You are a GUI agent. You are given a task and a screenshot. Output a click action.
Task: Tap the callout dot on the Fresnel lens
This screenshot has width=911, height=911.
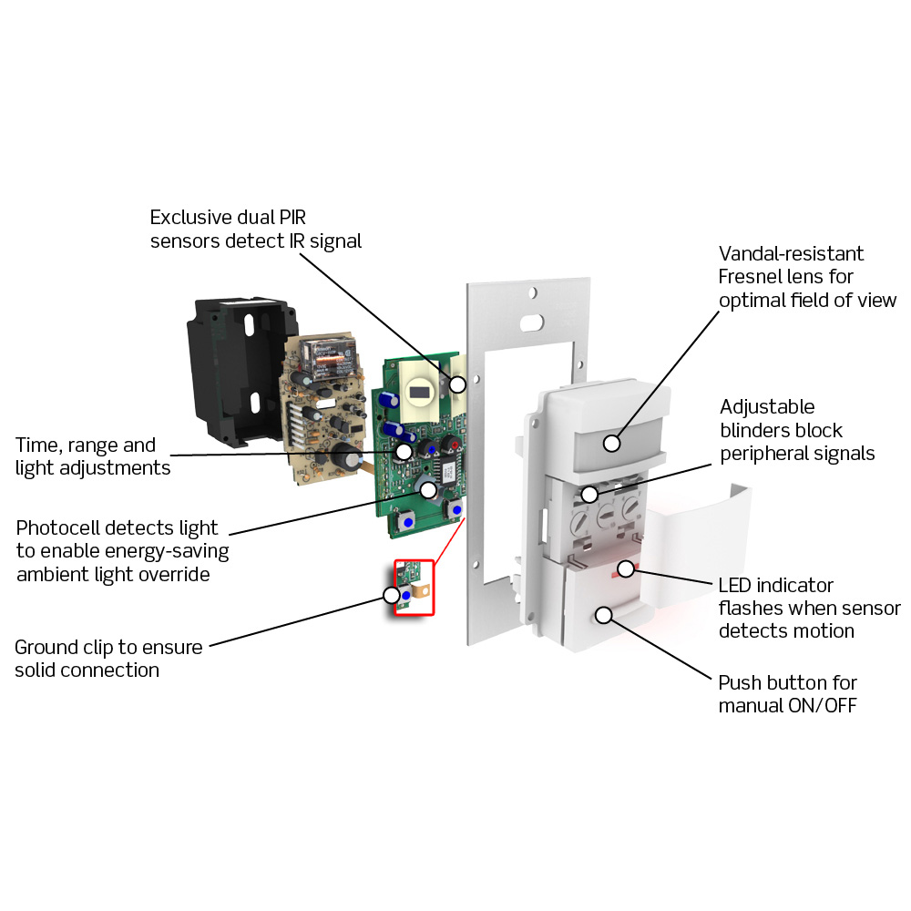(x=611, y=443)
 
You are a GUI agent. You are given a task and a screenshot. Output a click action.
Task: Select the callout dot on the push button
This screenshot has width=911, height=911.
(x=603, y=615)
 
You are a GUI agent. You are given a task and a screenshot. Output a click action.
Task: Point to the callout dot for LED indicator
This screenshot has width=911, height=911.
(x=625, y=569)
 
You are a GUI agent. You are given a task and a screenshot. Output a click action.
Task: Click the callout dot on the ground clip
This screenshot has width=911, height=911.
(x=392, y=595)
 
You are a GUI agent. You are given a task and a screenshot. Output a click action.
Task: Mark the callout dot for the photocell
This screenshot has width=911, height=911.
(x=427, y=488)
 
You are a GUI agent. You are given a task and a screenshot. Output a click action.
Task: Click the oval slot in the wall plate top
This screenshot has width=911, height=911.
(x=527, y=322)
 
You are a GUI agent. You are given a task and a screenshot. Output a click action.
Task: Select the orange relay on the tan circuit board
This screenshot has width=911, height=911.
(x=323, y=357)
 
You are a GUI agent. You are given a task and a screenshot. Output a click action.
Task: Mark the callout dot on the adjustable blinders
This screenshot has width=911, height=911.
(x=590, y=495)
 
